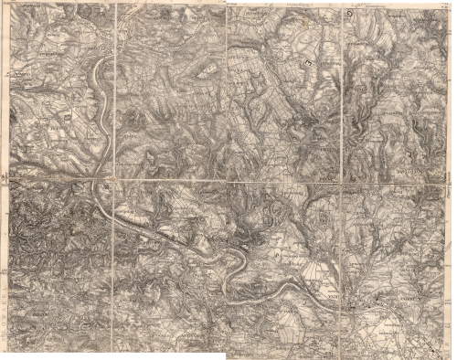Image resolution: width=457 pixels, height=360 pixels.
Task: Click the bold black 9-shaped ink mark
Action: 351,16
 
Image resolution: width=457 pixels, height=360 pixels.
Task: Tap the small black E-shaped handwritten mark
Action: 310,63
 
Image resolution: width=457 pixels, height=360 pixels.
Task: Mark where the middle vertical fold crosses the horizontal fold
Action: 226,181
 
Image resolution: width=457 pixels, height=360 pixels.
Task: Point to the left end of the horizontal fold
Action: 4,177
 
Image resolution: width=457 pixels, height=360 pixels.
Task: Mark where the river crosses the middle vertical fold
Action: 226,265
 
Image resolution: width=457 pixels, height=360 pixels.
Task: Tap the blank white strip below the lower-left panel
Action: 55,353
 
